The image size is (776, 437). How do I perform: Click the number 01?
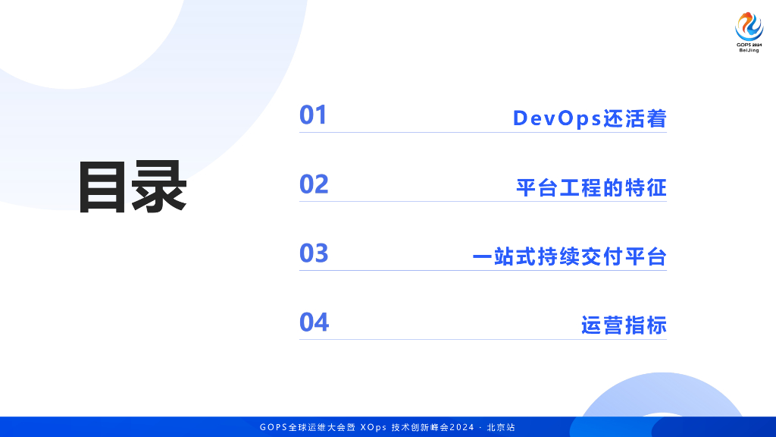313,115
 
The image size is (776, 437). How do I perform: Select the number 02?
314,184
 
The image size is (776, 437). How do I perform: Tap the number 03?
314,253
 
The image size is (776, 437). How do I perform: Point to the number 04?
314,322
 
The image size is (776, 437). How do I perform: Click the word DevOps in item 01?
557,119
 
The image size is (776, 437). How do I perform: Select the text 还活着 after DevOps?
634,118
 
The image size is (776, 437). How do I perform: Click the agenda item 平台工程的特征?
591,188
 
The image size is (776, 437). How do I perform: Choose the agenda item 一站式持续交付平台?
570,256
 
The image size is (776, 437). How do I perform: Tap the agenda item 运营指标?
624,325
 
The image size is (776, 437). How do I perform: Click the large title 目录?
132,187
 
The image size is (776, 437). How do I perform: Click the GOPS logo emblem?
749,27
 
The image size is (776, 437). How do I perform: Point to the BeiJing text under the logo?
749,50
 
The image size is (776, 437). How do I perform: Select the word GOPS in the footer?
274,427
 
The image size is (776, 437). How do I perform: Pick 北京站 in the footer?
501,427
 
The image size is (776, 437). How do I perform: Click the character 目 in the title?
102,187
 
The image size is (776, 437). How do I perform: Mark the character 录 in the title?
159,187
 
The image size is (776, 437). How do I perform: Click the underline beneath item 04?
483,339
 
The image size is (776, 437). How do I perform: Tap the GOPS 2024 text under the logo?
749,45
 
